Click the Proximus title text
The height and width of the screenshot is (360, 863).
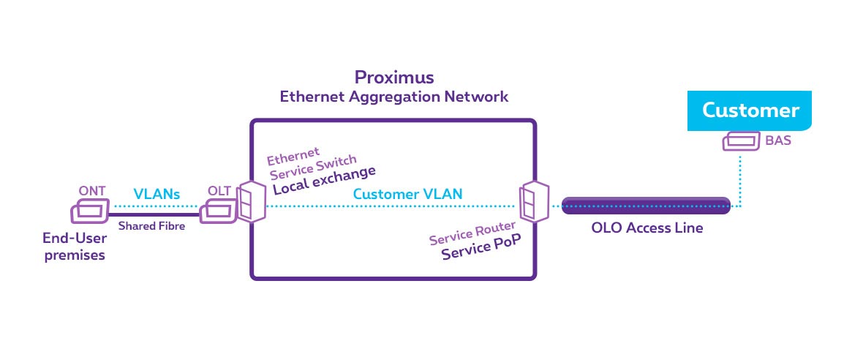[393, 77]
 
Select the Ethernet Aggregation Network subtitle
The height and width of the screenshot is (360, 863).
[394, 97]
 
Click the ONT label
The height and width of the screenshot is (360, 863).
[92, 192]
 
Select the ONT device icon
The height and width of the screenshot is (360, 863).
[89, 212]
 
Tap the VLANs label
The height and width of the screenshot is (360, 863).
[157, 194]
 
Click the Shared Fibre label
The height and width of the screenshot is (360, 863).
[152, 226]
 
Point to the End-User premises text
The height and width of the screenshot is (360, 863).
[73, 247]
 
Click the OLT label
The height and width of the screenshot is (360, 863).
[219, 192]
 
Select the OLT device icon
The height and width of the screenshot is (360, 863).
[218, 212]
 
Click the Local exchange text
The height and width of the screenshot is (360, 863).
[324, 180]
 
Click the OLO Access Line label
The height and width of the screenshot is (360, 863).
[647, 228]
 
